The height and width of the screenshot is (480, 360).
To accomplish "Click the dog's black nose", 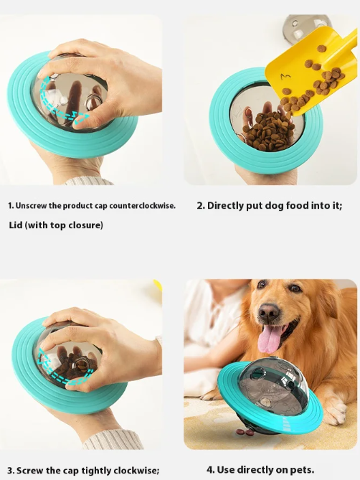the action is click(x=269, y=311).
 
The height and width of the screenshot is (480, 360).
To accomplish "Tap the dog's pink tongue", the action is click(x=268, y=339).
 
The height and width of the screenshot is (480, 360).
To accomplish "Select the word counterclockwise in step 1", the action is click(x=142, y=206).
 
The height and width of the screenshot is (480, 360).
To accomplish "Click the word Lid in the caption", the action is click(x=16, y=225).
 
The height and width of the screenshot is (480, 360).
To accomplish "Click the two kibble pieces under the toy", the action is click(x=245, y=432).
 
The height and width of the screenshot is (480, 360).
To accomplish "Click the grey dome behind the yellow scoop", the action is click(x=306, y=25).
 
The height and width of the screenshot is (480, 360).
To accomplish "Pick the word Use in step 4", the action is click(x=226, y=469).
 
